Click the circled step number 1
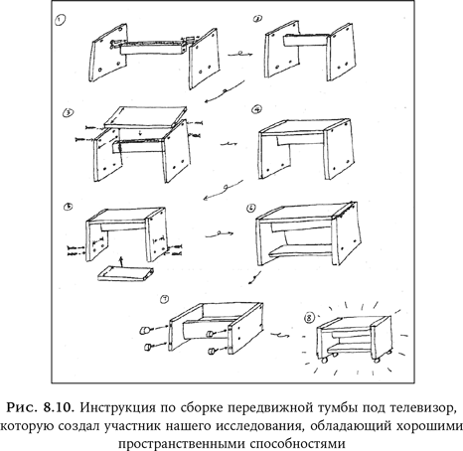point(60,21)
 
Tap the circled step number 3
point(68,113)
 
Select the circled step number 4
point(257,109)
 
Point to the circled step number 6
point(251,208)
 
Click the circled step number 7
point(164,299)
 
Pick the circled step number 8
point(309,319)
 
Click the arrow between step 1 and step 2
point(240,54)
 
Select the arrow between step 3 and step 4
point(229,144)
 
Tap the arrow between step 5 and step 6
point(220,234)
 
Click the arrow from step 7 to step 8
point(280,335)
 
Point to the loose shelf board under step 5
point(126,273)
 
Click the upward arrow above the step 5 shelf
point(122,261)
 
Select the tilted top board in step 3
point(146,117)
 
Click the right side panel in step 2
point(342,53)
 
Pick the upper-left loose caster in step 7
point(145,330)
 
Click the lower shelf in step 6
point(301,250)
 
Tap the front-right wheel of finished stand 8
point(376,360)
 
